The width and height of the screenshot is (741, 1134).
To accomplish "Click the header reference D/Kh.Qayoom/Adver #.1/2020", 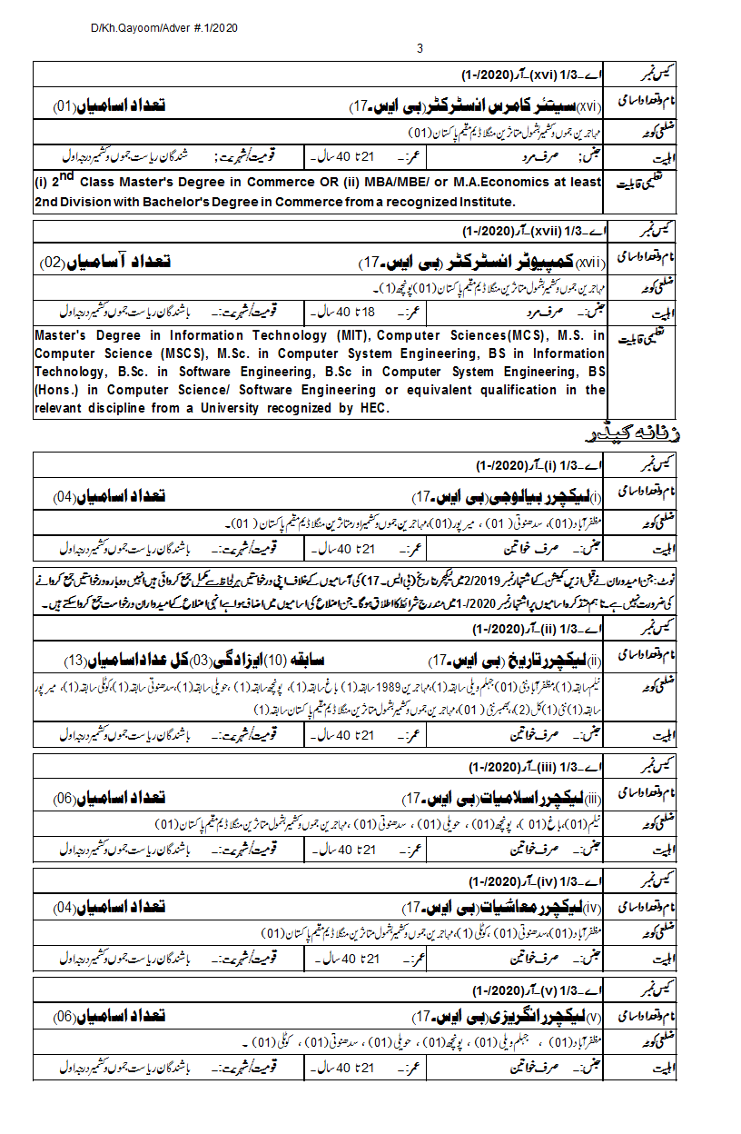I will (163, 29).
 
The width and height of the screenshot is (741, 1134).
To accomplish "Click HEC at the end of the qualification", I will (372, 408).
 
